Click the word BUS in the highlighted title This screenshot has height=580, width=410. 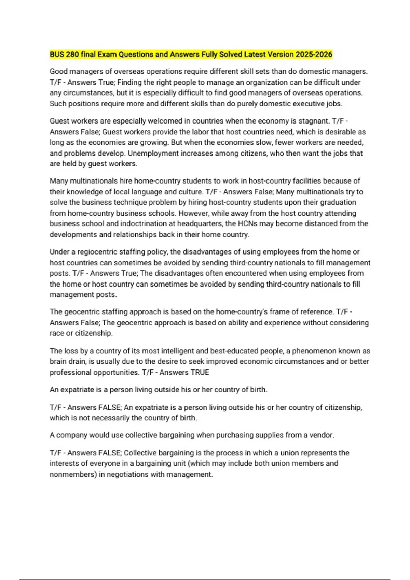point(57,54)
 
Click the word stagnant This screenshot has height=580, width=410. point(314,121)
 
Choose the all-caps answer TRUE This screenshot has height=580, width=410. point(200,372)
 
